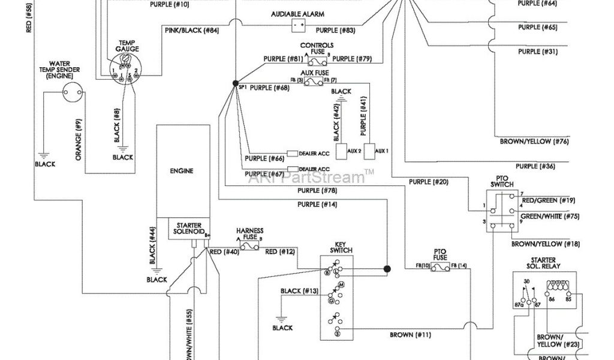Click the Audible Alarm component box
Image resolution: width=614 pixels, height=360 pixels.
[299, 25]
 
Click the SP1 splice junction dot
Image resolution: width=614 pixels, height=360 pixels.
[235, 83]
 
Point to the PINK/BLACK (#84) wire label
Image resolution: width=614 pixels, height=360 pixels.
[192, 29]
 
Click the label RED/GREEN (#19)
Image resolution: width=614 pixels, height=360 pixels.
[548, 200]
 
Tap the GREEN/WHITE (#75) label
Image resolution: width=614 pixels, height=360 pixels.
[550, 217]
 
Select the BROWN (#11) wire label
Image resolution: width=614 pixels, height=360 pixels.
[410, 334]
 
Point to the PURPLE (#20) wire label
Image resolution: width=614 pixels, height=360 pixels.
[428, 181]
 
